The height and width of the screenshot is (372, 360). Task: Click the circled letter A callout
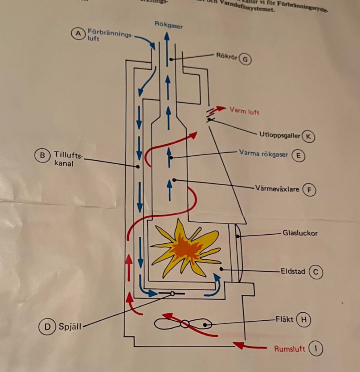pos(78,33)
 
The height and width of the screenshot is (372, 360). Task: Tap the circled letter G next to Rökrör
pos(245,59)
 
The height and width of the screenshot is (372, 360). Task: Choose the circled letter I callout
pos(315,349)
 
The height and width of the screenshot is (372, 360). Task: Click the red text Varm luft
pos(244,112)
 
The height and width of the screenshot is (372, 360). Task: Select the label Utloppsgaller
pos(280,135)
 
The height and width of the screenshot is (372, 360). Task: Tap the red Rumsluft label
pos(289,349)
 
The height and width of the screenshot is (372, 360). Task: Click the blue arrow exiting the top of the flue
pos(167,45)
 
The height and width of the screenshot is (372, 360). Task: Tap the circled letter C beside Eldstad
pos(315,272)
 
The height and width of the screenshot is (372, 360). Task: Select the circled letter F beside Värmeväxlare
pos(309,190)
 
